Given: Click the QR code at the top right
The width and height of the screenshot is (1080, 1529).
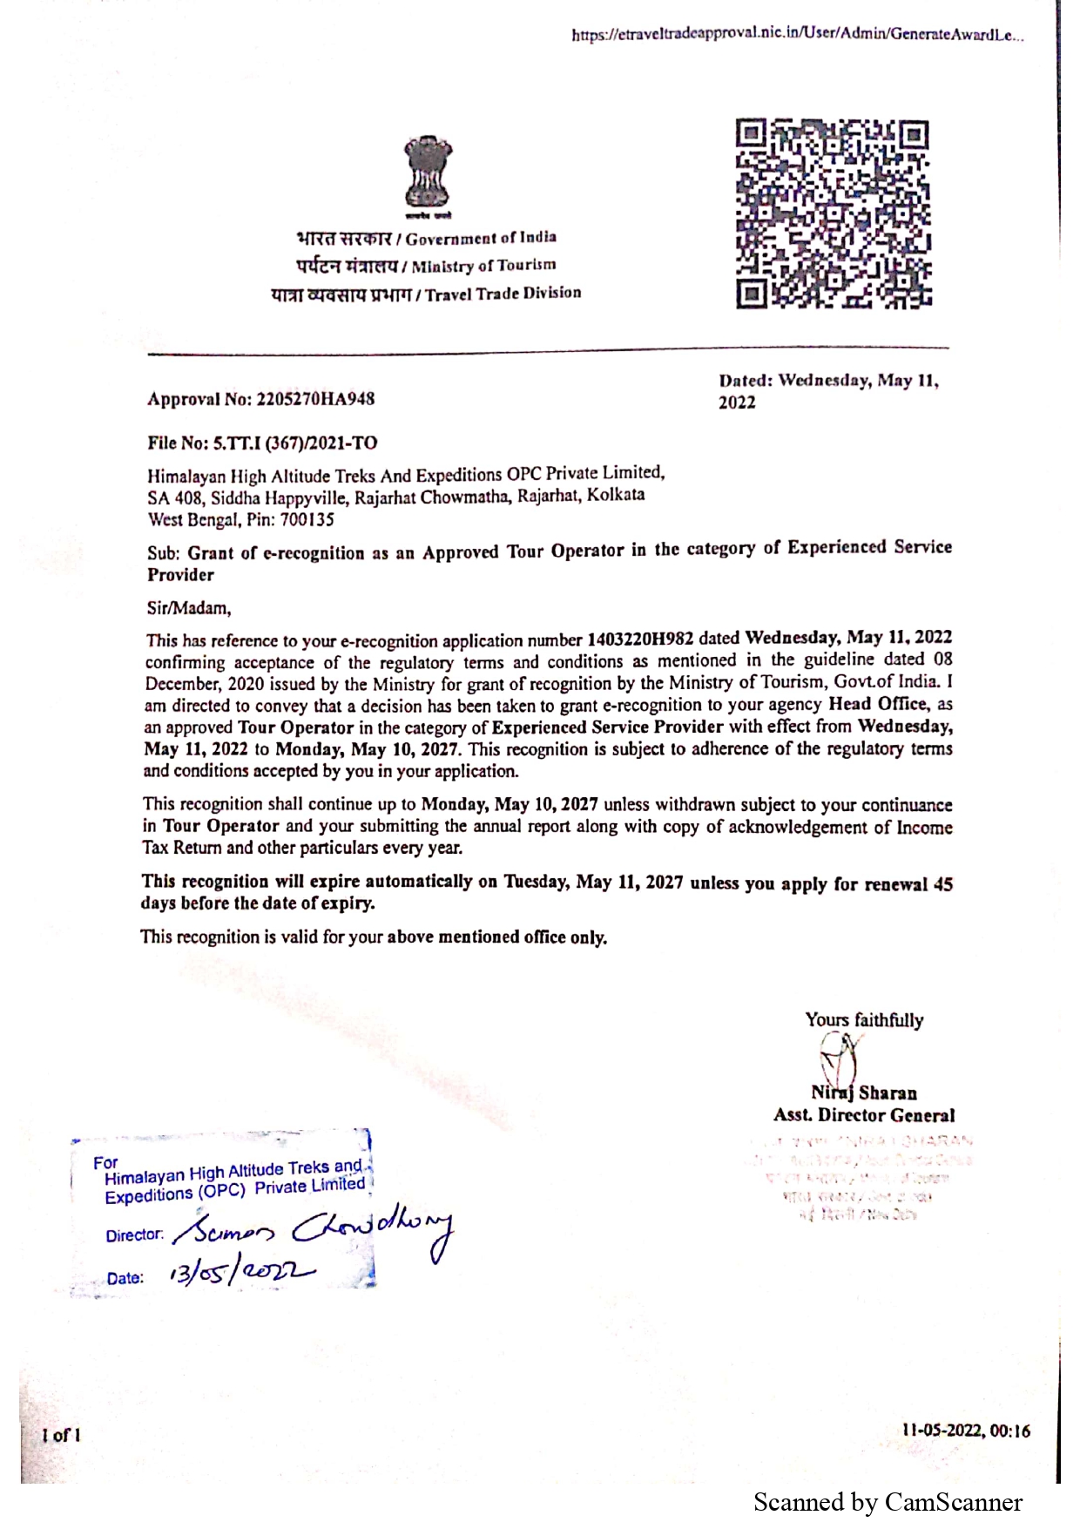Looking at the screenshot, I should pos(834,214).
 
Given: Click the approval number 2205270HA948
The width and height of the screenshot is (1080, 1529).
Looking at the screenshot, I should pos(316,399).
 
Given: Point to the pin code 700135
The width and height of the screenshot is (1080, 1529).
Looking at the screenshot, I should pos(307,520).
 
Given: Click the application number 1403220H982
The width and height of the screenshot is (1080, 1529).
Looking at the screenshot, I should pos(640,639).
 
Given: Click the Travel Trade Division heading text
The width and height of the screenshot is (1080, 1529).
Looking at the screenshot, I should pos(503,294).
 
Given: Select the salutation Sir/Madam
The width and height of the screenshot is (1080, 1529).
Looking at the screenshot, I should pos(189,607).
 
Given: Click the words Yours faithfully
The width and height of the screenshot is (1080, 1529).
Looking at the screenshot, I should pos(864,1020).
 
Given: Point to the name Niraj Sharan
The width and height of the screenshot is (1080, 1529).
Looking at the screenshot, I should pos(864,1093).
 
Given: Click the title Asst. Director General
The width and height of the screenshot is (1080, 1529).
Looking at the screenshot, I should pos(864,1115).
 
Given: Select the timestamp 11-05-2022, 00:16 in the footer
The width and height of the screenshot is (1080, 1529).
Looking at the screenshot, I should pos(966,1431).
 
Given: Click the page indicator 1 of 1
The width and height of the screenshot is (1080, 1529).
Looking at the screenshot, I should pos(61,1435).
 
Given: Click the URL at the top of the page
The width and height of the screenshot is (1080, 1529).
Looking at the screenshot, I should pos(797,36).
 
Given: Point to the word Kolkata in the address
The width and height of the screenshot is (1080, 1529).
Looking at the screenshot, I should pos(616,495).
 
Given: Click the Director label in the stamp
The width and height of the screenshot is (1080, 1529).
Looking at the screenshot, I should pos(134,1235).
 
